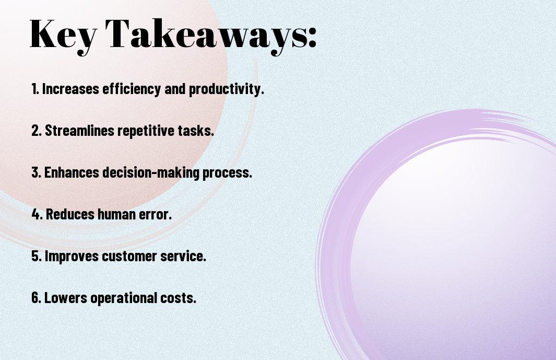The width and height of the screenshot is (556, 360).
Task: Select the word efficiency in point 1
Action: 132,89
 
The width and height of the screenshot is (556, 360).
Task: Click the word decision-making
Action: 151,173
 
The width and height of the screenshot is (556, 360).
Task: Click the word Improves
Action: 72,256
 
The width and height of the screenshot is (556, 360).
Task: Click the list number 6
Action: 36,297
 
